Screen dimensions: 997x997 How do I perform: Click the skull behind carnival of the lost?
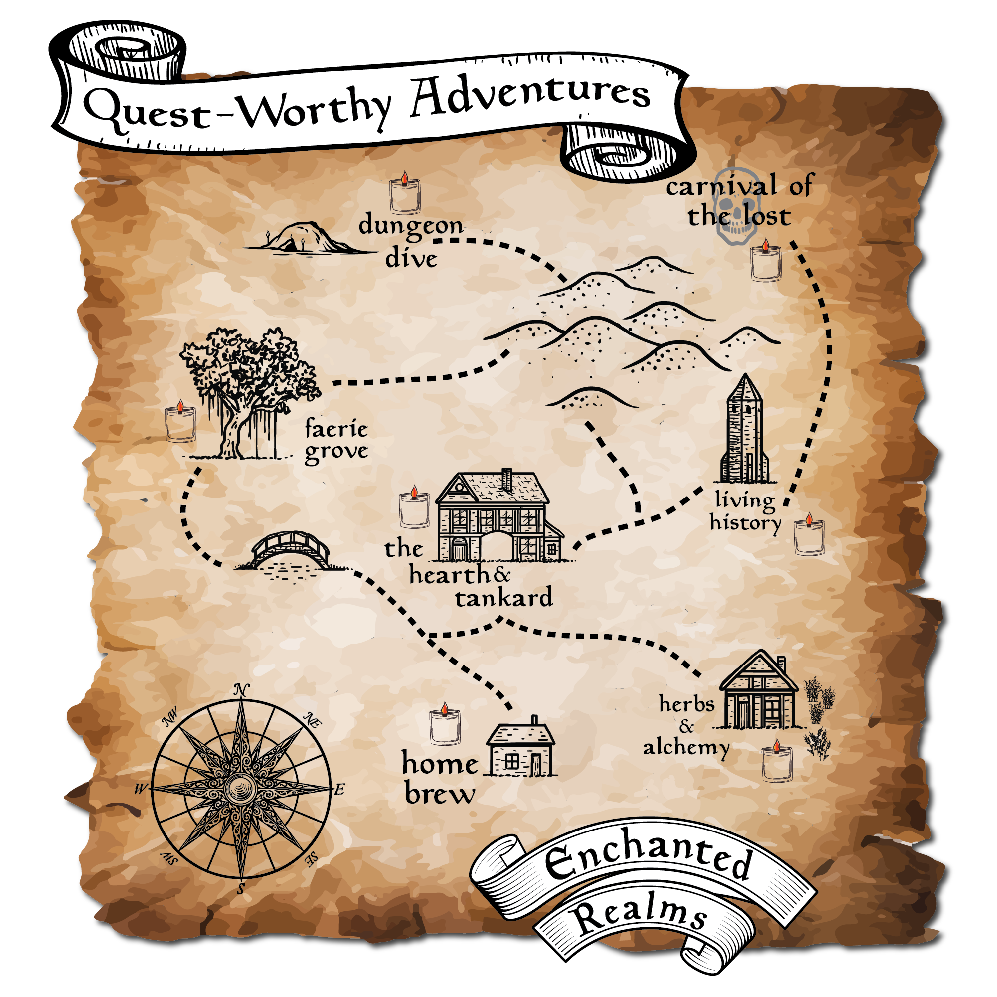(736, 206)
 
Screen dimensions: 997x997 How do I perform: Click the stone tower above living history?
(745, 431)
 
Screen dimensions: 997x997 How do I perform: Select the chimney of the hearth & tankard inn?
(507, 479)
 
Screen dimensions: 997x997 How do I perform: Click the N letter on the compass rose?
(241, 690)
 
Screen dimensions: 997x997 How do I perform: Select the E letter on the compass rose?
(339, 790)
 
